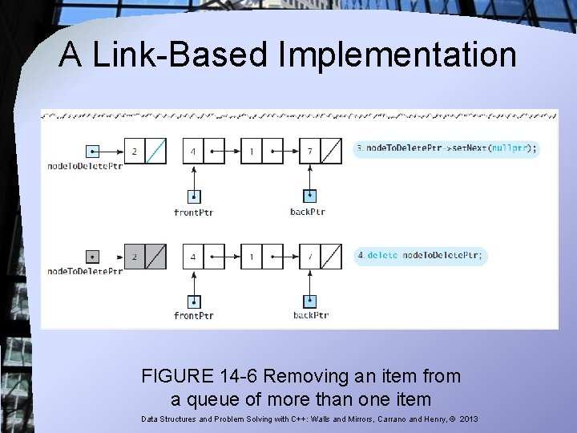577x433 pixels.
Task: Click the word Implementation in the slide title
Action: [x=397, y=56]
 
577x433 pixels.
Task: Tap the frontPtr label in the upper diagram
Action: [x=193, y=212]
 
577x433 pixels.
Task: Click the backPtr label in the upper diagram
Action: [x=309, y=212]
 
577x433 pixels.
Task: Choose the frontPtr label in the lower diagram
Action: [x=193, y=316]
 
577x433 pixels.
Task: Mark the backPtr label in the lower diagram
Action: [x=310, y=316]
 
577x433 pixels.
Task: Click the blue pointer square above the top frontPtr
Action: [x=193, y=196]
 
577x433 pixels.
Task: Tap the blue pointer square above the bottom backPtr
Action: [x=310, y=301]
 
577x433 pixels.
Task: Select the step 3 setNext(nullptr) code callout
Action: [x=447, y=148]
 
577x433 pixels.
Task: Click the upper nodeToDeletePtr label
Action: [x=85, y=166]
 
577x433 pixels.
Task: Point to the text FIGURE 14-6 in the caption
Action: [x=200, y=376]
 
